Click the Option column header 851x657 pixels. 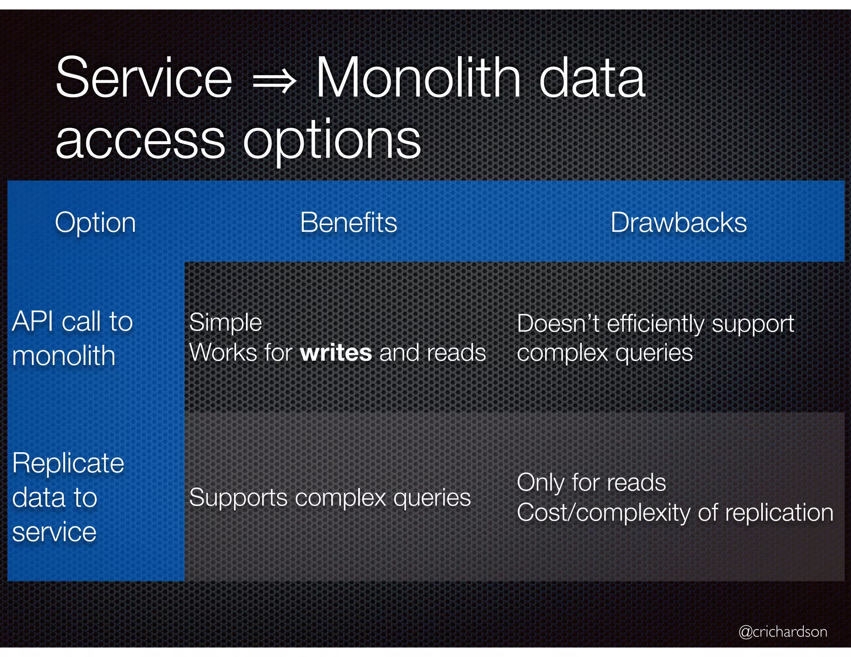pyautogui.click(x=95, y=223)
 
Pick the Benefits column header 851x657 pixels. pyautogui.click(x=348, y=223)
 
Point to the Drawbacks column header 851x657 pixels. pyautogui.click(x=678, y=223)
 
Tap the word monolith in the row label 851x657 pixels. pyautogui.click(x=64, y=356)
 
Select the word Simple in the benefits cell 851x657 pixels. pyautogui.click(x=225, y=323)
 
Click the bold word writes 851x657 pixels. pyautogui.click(x=336, y=353)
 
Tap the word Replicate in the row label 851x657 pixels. pyautogui.click(x=68, y=463)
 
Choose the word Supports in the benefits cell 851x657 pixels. pyautogui.click(x=238, y=498)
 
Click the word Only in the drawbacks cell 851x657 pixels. pyautogui.click(x=541, y=483)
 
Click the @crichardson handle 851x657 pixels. pyautogui.click(x=782, y=632)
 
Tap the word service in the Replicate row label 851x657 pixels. pyautogui.click(x=54, y=532)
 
